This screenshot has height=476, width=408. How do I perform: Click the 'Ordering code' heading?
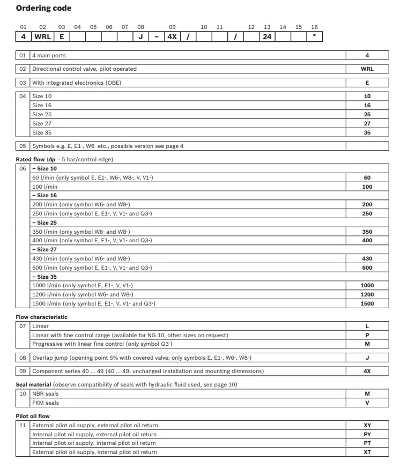click(43, 8)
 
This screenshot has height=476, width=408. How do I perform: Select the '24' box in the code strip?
click(267, 37)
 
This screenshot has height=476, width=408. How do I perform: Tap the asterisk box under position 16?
click(314, 37)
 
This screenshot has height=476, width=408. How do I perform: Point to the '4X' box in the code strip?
click(172, 37)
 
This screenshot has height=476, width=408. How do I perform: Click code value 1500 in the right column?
click(367, 303)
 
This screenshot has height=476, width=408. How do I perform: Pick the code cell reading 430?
click(367, 258)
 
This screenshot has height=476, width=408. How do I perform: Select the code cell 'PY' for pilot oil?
click(367, 434)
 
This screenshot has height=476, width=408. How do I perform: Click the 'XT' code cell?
click(367, 452)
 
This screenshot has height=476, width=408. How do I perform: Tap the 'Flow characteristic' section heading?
click(42, 317)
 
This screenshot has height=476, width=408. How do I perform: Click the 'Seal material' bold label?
click(33, 384)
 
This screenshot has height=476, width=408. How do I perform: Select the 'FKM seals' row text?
click(46, 403)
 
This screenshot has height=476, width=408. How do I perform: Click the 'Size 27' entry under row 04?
click(42, 123)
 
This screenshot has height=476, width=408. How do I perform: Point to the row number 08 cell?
click(23, 358)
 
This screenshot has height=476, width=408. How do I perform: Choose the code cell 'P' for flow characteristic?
click(367, 335)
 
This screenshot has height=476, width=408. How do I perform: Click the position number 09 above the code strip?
click(172, 27)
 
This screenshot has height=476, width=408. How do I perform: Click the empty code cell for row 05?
click(367, 146)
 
